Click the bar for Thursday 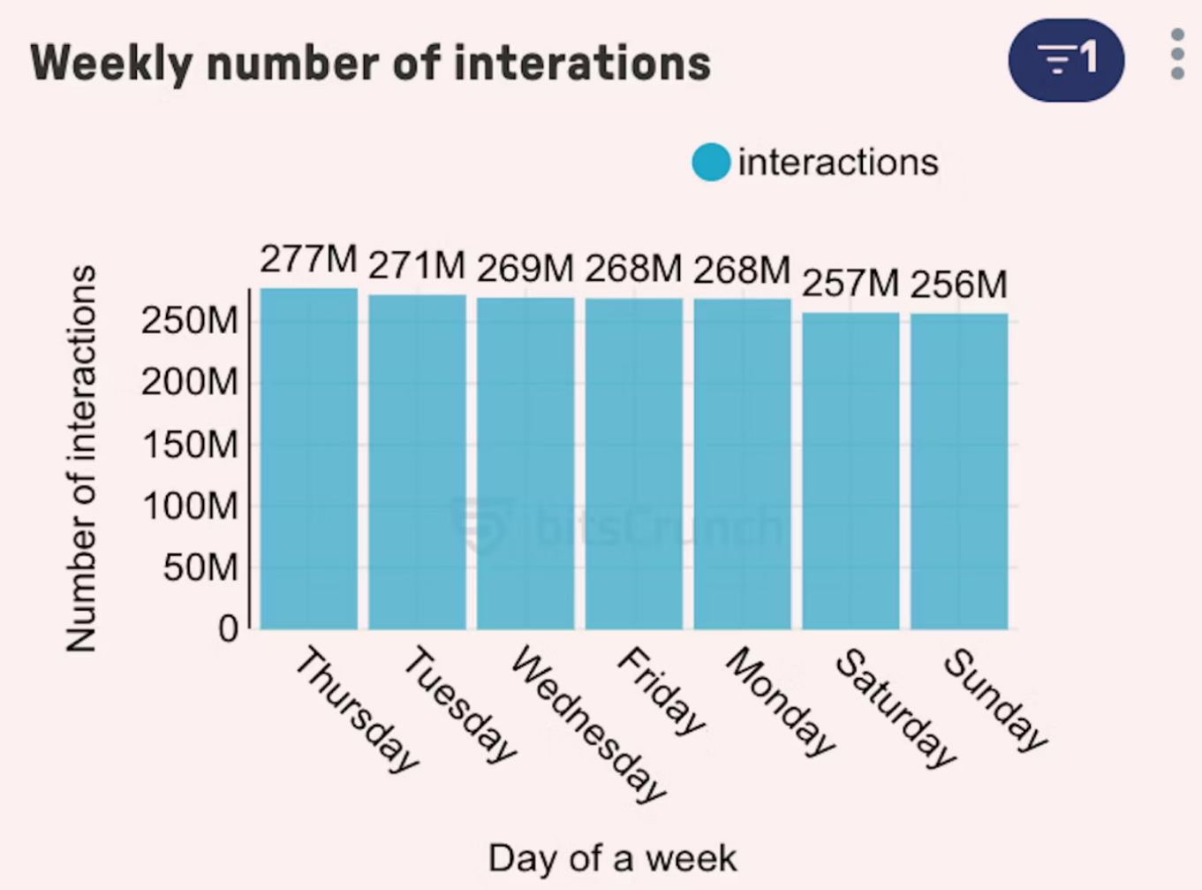click(x=309, y=459)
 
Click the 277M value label click(x=308, y=260)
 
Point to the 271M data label click(x=416, y=265)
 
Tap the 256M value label click(x=958, y=285)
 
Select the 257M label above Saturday click(x=850, y=284)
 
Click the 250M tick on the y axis click(x=190, y=321)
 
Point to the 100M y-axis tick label click(x=190, y=506)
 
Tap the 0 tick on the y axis click(x=228, y=629)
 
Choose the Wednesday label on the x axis click(x=587, y=724)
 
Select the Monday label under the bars click(x=779, y=702)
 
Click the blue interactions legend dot click(x=711, y=163)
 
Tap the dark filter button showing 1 click(x=1066, y=60)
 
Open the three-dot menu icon click(x=1177, y=55)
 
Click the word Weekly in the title click(x=111, y=64)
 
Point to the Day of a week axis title click(x=612, y=858)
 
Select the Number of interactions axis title click(x=81, y=459)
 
